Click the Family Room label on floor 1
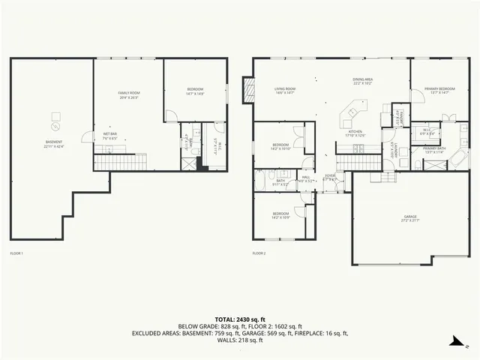[x=129, y=94]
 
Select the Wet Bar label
[x=109, y=136]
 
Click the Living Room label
[x=284, y=91]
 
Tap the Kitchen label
[x=355, y=133]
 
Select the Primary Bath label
[x=434, y=150]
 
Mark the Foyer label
[x=329, y=178]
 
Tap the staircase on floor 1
[x=120, y=161]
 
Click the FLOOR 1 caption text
[x=16, y=253]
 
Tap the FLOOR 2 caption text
[x=259, y=253]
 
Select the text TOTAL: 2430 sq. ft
[x=239, y=319]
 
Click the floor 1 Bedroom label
[x=195, y=92]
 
